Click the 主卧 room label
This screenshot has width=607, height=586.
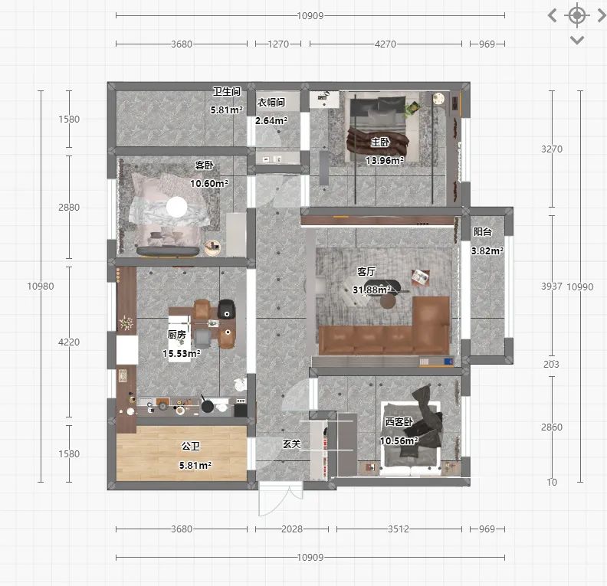380,142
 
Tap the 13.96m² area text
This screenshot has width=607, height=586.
385,160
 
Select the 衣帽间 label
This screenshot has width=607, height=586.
271,102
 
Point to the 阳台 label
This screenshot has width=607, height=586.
482,231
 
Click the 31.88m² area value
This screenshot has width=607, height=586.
372,290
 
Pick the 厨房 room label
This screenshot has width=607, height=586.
176,334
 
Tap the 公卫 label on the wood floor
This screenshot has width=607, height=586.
191,446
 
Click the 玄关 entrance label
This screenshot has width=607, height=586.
291,444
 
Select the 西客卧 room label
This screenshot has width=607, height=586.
399,421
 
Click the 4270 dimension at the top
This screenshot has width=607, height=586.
386,44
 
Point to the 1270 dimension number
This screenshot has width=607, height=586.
278,44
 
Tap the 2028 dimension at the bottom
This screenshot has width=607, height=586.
292,529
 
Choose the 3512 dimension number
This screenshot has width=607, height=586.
399,529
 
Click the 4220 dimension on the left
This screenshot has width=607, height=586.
69,342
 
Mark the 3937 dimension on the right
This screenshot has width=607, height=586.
552,286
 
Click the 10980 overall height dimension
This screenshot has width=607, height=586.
41,286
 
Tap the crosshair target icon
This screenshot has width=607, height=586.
577,15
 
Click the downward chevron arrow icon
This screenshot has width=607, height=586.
577,41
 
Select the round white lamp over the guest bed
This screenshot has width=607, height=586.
176,207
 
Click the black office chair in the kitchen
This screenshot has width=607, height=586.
227,309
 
